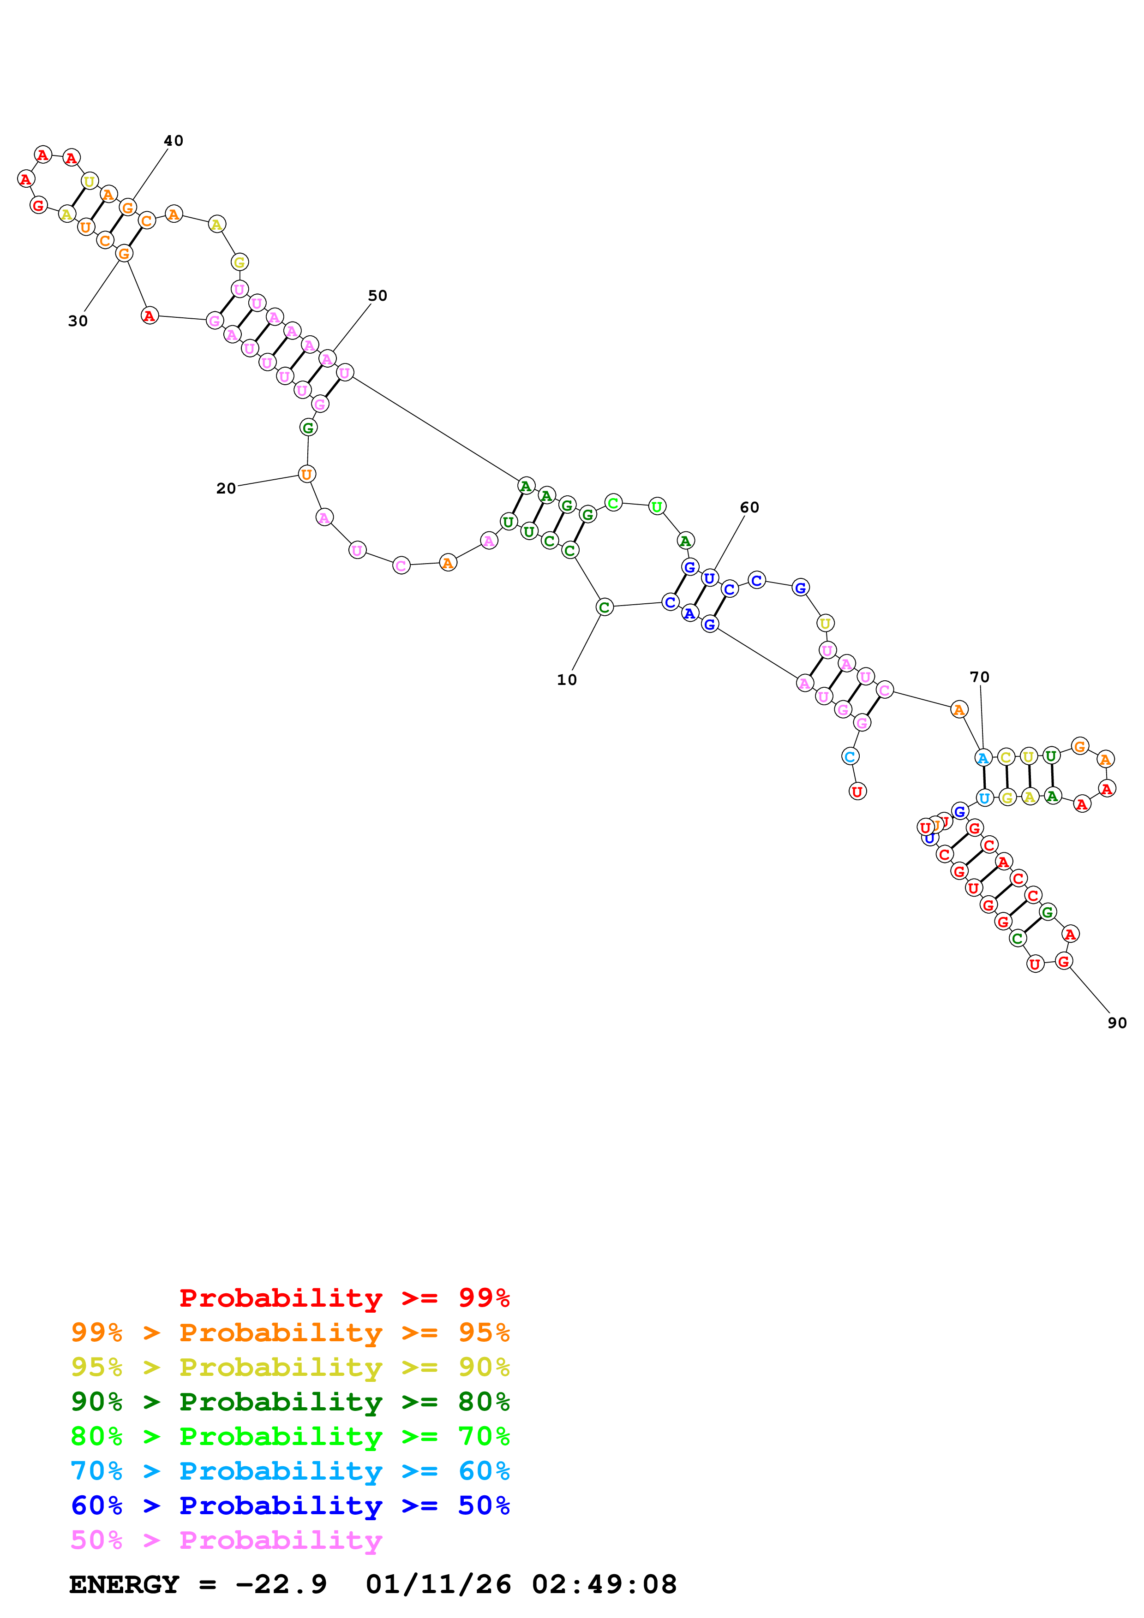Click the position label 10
(566, 680)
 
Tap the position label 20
(226, 488)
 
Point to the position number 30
(78, 321)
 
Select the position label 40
(174, 141)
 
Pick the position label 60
(749, 507)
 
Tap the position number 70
(979, 677)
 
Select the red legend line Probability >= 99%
(344, 1298)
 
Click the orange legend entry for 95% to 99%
(290, 1332)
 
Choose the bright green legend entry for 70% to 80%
(290, 1436)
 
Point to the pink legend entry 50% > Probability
(226, 1540)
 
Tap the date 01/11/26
(438, 1584)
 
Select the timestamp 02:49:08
(604, 1584)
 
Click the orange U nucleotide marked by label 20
(306, 474)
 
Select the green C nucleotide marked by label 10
(604, 607)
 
